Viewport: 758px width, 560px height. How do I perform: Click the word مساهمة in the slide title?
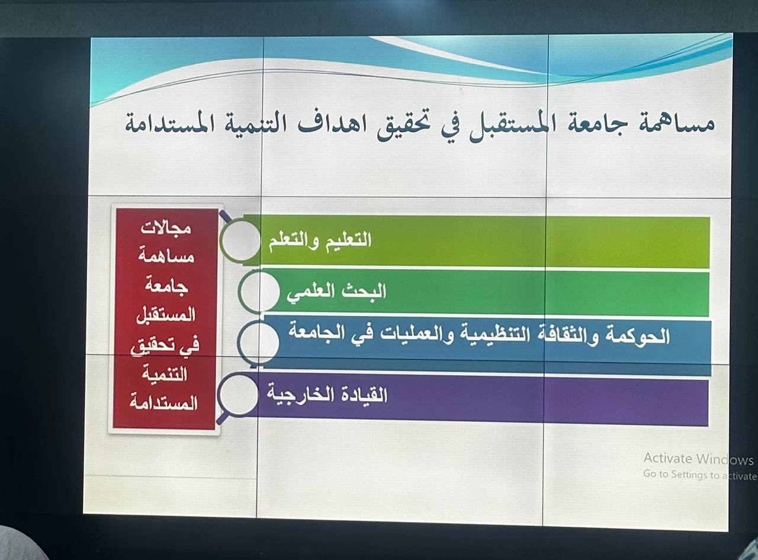[677, 124]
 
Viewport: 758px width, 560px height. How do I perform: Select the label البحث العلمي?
[336, 293]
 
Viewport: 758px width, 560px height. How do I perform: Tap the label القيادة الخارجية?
[327, 395]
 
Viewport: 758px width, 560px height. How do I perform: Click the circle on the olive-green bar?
[240, 241]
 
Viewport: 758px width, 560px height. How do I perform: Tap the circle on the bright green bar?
[259, 292]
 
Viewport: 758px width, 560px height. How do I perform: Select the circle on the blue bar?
[258, 342]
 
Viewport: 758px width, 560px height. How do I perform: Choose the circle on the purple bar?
[238, 395]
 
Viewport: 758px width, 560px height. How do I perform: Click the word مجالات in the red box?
[166, 228]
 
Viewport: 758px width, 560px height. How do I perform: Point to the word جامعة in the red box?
[166, 286]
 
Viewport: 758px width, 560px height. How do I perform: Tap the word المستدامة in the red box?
[163, 403]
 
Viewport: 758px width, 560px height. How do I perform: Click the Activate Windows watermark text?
[699, 459]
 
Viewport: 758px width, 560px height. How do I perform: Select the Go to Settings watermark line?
[700, 475]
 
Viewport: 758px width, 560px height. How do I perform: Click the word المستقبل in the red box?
[166, 315]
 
